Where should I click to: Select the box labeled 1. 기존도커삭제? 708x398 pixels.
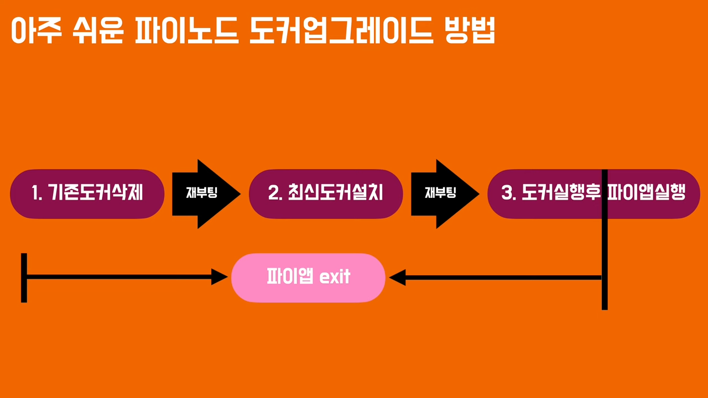(x=87, y=193)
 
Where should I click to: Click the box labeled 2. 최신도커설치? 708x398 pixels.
(x=326, y=193)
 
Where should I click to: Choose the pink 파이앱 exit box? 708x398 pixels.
(x=308, y=277)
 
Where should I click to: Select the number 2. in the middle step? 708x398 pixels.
(x=275, y=193)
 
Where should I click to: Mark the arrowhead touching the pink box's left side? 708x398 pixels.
(x=220, y=277)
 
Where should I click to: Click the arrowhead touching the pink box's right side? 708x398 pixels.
(x=398, y=277)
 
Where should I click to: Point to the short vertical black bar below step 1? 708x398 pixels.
(x=24, y=277)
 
